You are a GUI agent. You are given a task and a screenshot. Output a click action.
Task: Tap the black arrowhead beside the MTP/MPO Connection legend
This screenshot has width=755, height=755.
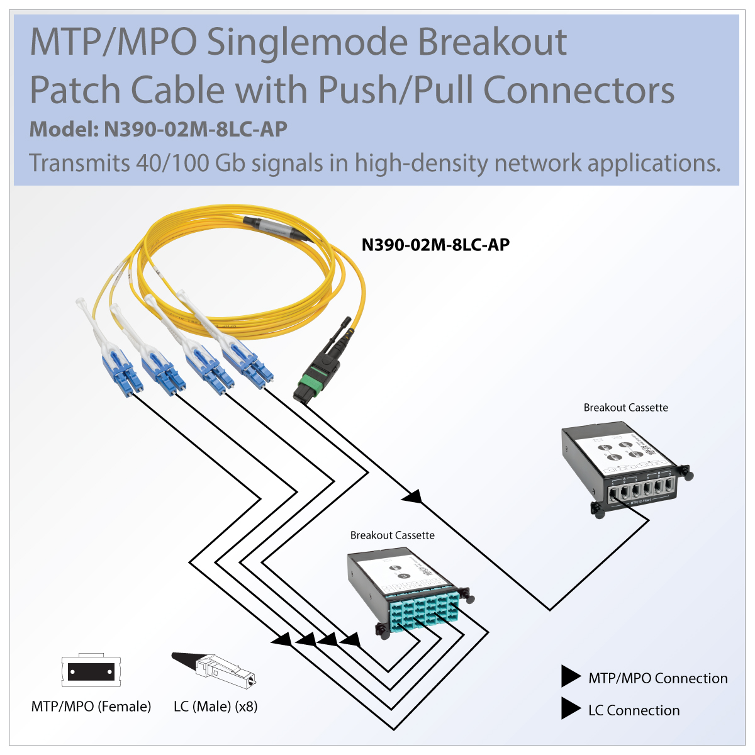coord(570,676)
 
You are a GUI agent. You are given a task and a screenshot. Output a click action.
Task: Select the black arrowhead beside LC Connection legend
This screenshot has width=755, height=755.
coord(570,708)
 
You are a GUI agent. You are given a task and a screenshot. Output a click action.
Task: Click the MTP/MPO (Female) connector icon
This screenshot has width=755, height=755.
coord(91,671)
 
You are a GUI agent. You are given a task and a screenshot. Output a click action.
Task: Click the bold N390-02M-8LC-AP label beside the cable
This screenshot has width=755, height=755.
coord(435,245)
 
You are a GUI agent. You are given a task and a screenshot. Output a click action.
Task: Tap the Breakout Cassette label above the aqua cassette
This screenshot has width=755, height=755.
coord(392,535)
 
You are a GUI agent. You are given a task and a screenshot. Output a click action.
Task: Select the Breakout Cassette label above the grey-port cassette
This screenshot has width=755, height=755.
coord(625,408)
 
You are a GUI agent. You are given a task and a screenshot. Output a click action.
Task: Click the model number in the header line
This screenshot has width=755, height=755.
coord(195,129)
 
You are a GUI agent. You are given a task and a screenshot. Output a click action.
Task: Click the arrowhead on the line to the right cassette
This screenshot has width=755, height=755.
coord(412,497)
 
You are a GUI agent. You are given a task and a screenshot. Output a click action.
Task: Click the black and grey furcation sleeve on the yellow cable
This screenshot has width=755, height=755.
coord(277,228)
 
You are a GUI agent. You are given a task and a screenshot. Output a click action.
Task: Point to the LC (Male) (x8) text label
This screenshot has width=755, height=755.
coord(216,707)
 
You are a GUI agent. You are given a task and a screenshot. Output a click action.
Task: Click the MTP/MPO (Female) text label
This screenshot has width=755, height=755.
coord(91,707)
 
